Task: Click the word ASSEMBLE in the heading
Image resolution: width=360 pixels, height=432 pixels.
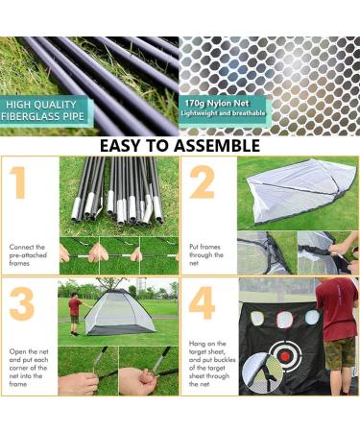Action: tap(217, 146)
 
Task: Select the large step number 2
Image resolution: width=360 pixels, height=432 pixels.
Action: tap(202, 182)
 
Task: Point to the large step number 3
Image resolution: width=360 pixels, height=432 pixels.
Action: tap(22, 304)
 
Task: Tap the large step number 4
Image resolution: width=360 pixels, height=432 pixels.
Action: tap(202, 303)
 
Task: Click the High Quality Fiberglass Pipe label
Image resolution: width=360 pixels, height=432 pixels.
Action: tap(43, 110)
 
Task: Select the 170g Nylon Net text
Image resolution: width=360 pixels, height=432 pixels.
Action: tap(217, 104)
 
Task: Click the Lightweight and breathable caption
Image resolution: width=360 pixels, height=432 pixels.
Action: tap(223, 113)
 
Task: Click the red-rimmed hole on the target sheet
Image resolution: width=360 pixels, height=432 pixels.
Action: tap(285, 319)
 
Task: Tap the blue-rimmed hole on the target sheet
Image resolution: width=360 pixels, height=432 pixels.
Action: tap(312, 317)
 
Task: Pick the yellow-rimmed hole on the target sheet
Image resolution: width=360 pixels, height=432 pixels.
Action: tap(257, 318)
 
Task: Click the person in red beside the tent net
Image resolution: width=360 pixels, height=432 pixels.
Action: tap(75, 314)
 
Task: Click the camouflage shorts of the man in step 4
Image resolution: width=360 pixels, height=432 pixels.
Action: tap(339, 353)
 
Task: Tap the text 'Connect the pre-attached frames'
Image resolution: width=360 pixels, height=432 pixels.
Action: tap(28, 255)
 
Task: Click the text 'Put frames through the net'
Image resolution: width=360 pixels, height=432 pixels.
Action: tap(206, 255)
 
